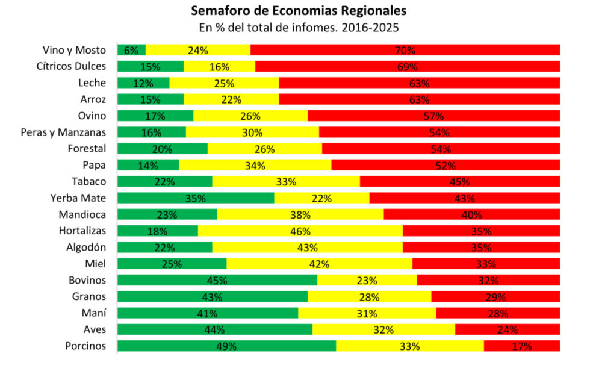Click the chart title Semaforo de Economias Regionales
298,11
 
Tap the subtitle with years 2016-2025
298,28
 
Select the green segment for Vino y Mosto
131,50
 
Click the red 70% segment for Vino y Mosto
405,50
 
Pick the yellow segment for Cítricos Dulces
219,66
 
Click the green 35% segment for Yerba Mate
195,198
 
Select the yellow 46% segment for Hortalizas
300,231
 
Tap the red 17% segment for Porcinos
521,346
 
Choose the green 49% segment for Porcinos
226,346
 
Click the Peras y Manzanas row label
63,132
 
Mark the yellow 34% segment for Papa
255,165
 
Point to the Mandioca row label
82,214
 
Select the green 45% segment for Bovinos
217,280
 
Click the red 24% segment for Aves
507,329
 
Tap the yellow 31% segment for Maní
367,313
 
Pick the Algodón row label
86,247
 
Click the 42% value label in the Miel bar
319,264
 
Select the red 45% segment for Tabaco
459,181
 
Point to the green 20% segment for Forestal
162,148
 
